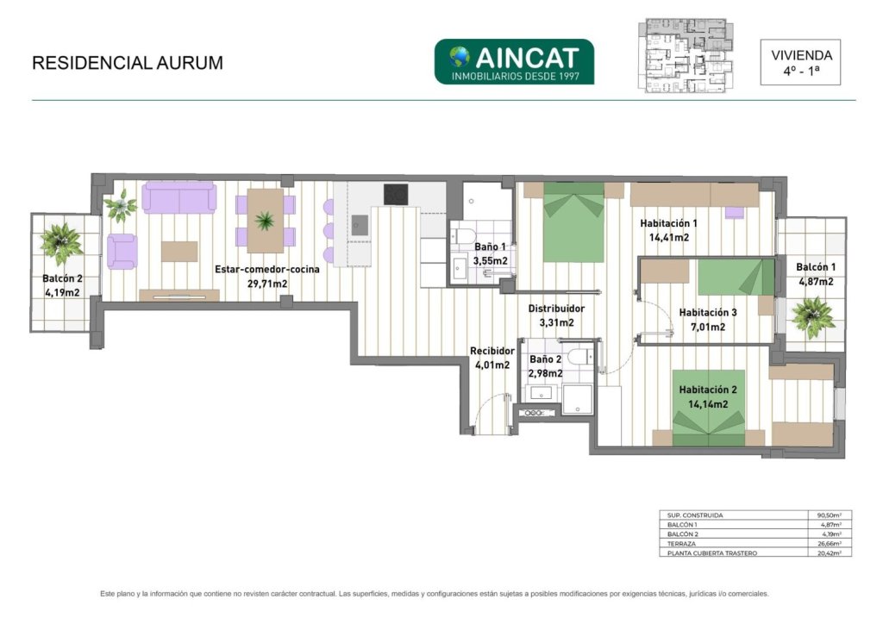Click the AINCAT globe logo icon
[x=459, y=56]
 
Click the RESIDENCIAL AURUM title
[x=128, y=62]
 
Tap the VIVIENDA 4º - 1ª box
[x=800, y=62]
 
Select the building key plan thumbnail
[x=686, y=55]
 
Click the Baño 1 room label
[x=490, y=246]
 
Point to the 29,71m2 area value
[x=267, y=284]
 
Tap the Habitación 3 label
[x=708, y=312]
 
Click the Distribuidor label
[x=556, y=309]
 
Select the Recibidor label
[x=492, y=351]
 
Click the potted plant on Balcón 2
[x=61, y=243]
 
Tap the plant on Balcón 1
[x=812, y=317]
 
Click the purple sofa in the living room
[x=179, y=197]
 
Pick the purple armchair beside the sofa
[x=122, y=252]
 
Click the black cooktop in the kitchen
[x=396, y=195]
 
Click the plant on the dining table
[x=264, y=221]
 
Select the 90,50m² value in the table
[x=830, y=515]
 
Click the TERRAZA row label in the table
[x=681, y=544]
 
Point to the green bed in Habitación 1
[x=573, y=222]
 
